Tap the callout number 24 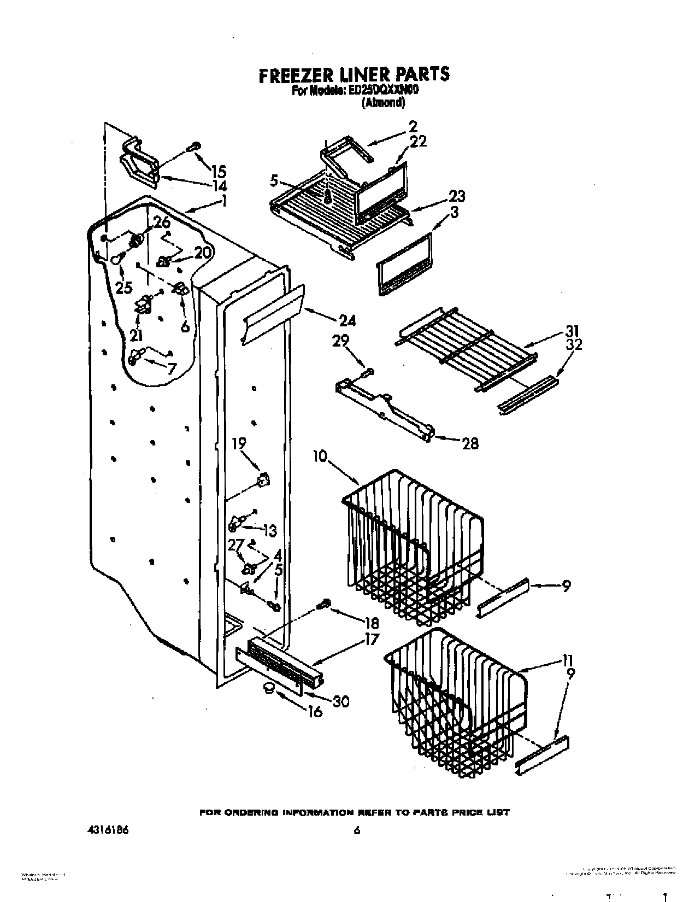point(346,321)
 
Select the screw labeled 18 point(323,604)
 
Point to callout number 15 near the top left point(218,171)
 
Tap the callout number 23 point(457,196)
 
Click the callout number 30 point(340,701)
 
